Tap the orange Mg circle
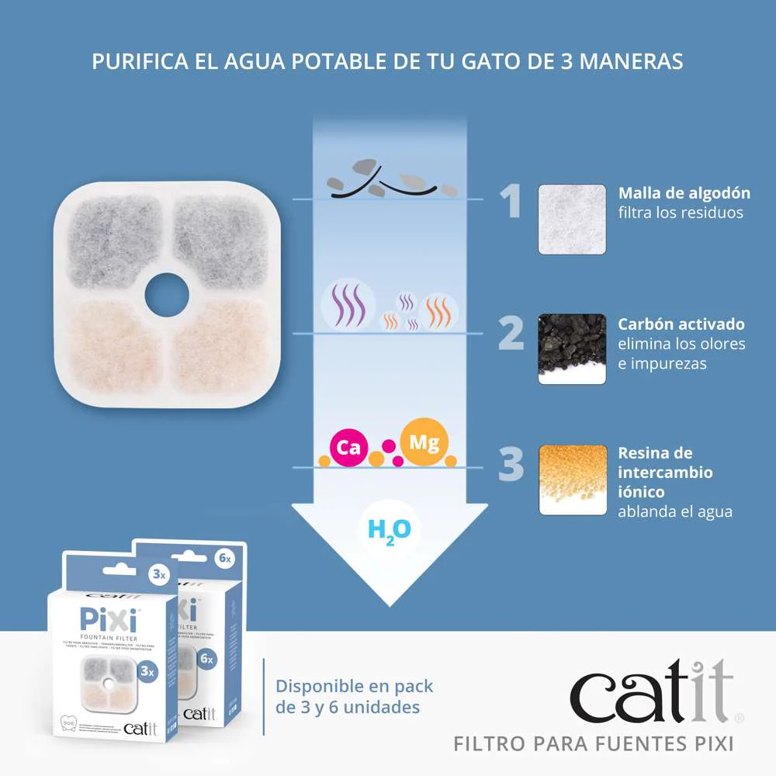pos(424,443)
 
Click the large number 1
pos(510,202)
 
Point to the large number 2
pos(511,333)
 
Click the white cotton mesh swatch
pos(572,219)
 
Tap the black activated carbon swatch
pos(572,349)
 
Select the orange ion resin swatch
pos(572,480)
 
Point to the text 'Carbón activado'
pos(681,324)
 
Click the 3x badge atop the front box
pos(158,575)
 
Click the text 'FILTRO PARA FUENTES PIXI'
pos(593,743)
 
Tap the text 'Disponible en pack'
pos(355,686)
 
